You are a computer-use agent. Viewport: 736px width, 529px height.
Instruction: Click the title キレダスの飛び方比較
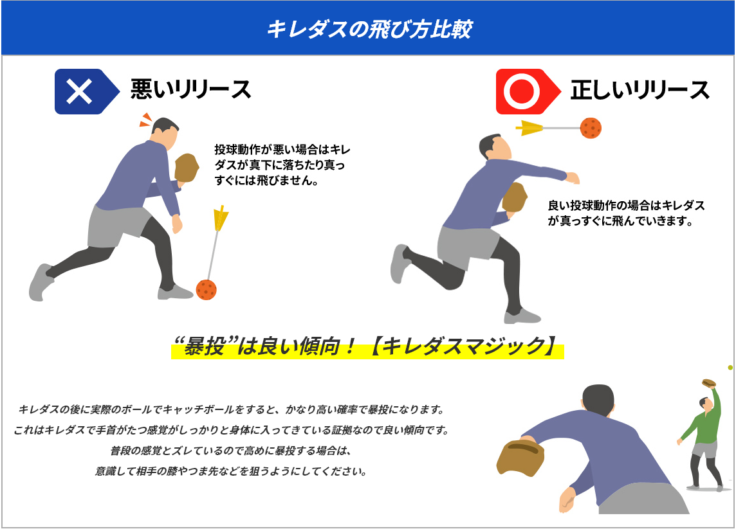[x=369, y=29]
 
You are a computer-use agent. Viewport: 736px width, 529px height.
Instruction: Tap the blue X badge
[x=87, y=91]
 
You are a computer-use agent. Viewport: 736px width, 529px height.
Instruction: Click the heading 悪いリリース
[x=190, y=89]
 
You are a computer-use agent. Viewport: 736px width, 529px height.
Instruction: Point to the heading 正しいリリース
[x=639, y=90]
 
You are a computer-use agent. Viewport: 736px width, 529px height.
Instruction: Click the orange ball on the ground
[x=206, y=289]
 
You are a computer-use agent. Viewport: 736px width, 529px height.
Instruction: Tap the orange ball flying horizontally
[x=591, y=127]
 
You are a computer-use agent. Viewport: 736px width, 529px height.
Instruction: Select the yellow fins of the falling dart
[x=220, y=218]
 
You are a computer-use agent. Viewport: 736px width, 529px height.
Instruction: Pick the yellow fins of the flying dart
[x=529, y=127]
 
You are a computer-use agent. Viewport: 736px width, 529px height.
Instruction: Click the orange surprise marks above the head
[x=147, y=120]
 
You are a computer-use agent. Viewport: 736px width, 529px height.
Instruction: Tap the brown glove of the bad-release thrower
[x=187, y=167]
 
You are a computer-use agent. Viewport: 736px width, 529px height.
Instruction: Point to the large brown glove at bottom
[x=520, y=457]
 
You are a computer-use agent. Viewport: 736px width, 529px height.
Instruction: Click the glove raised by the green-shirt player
[x=709, y=383]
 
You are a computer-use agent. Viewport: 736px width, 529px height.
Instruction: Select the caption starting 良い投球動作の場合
[x=626, y=213]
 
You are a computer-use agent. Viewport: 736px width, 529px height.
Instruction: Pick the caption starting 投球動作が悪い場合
[x=282, y=165]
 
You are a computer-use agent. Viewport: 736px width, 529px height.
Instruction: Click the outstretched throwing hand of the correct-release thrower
[x=573, y=178]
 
